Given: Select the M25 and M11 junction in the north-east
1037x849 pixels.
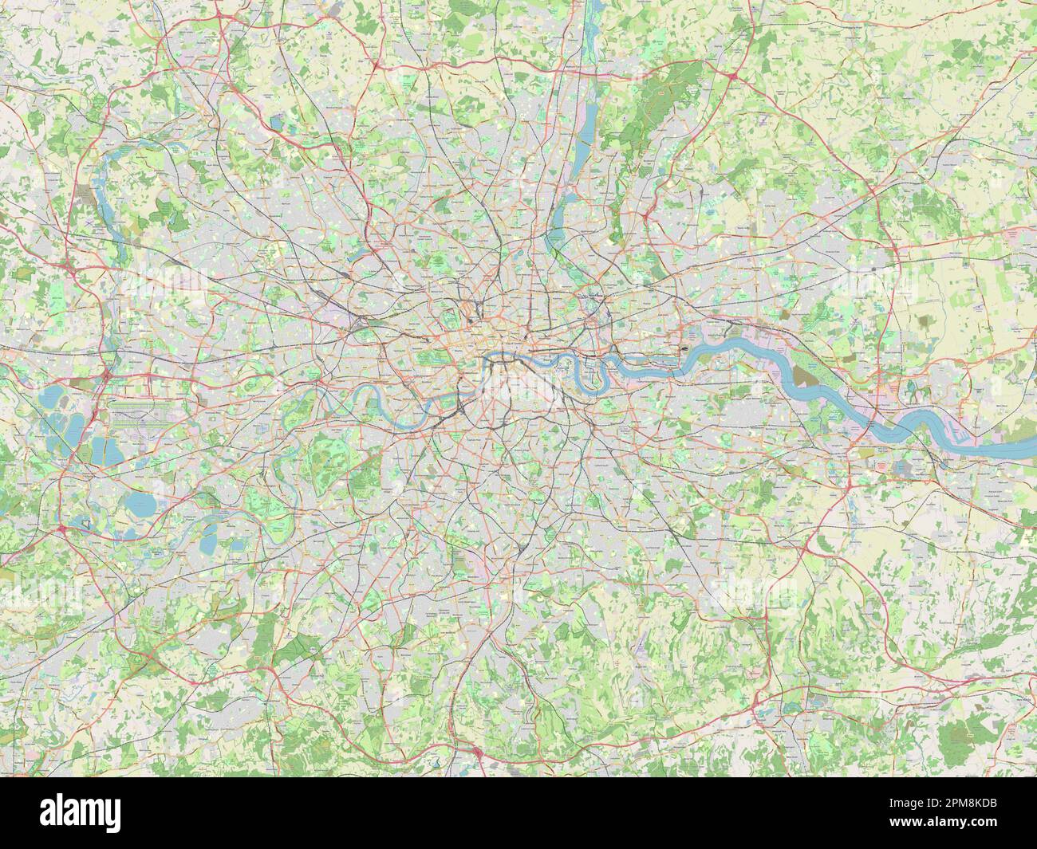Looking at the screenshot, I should (x=731, y=75).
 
